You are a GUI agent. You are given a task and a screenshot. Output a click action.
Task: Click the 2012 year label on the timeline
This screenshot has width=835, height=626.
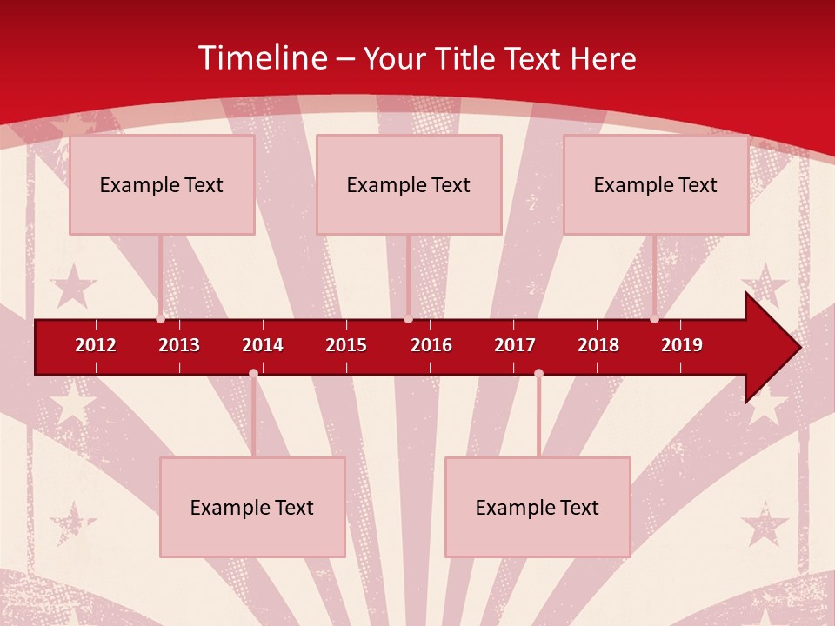96,345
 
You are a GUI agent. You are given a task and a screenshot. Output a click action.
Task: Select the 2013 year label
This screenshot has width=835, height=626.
179,345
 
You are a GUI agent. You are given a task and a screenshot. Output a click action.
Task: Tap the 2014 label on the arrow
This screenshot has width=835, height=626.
263,345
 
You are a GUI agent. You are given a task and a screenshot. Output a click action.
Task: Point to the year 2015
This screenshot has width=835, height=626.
346,345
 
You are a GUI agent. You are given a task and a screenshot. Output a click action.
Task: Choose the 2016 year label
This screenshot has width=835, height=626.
431,345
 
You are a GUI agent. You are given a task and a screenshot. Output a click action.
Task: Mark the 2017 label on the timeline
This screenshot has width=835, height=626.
515,345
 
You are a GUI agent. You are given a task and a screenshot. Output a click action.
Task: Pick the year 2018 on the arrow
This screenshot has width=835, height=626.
598,345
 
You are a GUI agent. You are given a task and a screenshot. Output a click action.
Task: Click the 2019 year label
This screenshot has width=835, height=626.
682,345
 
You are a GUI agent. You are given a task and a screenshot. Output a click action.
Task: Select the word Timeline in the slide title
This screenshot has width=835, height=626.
262,58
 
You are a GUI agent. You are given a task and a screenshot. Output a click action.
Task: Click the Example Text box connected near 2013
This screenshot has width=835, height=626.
162,184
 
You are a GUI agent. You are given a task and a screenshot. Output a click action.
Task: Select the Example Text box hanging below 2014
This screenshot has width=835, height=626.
252,507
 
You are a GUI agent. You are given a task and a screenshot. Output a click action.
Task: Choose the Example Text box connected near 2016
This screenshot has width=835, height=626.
409,184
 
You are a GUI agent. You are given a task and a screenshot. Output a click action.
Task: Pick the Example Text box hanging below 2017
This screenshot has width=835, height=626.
538,507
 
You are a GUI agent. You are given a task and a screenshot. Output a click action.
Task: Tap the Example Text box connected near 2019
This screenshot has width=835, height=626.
656,184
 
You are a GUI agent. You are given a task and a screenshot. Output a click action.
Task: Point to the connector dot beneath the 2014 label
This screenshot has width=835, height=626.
253,373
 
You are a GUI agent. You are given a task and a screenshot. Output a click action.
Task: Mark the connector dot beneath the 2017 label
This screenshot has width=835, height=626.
538,373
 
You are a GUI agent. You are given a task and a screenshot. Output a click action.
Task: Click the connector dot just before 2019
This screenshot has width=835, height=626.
654,319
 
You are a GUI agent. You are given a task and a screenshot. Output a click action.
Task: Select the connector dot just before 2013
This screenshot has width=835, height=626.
160,319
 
